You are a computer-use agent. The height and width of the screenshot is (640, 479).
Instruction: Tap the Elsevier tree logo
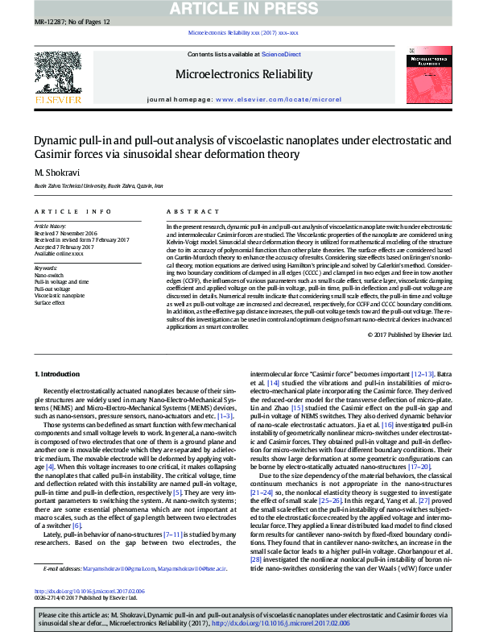point(57,76)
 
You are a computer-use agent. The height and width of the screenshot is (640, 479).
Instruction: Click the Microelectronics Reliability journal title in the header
point(243,74)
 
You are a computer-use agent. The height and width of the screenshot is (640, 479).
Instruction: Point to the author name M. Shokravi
point(52,172)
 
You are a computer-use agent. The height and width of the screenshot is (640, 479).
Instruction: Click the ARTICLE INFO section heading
point(72,212)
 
